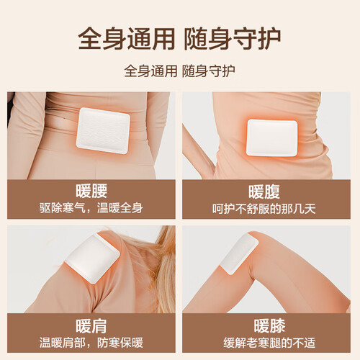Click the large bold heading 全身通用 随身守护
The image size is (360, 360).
tap(179, 39)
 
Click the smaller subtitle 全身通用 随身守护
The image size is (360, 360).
tap(179, 71)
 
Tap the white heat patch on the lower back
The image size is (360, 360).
tap(103, 130)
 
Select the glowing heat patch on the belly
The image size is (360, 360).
tap(272, 138)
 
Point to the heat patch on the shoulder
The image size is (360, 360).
tap(92, 258)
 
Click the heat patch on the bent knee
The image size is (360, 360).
tap(239, 254)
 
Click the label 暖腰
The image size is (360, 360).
tap(91, 191)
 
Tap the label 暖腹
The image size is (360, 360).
tap(264, 192)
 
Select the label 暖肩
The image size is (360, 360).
tap(91, 326)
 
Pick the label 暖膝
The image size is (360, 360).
tap(269, 326)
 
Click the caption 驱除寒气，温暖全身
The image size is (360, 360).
tap(91, 208)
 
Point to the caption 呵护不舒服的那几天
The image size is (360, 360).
tap(264, 209)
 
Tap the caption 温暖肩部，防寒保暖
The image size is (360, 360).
tap(91, 343)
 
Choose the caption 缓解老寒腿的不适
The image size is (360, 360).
tap(269, 343)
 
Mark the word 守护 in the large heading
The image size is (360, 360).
tap(257, 39)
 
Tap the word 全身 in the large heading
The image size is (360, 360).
tap(102, 39)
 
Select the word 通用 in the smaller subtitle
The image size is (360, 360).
tap(164, 71)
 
